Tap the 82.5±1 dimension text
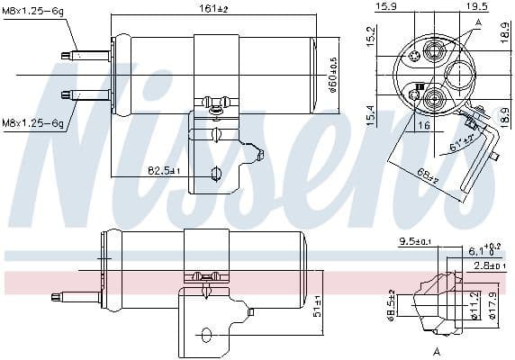(165, 170)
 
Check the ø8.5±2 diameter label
(392, 304)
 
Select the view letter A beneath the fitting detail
(436, 349)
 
